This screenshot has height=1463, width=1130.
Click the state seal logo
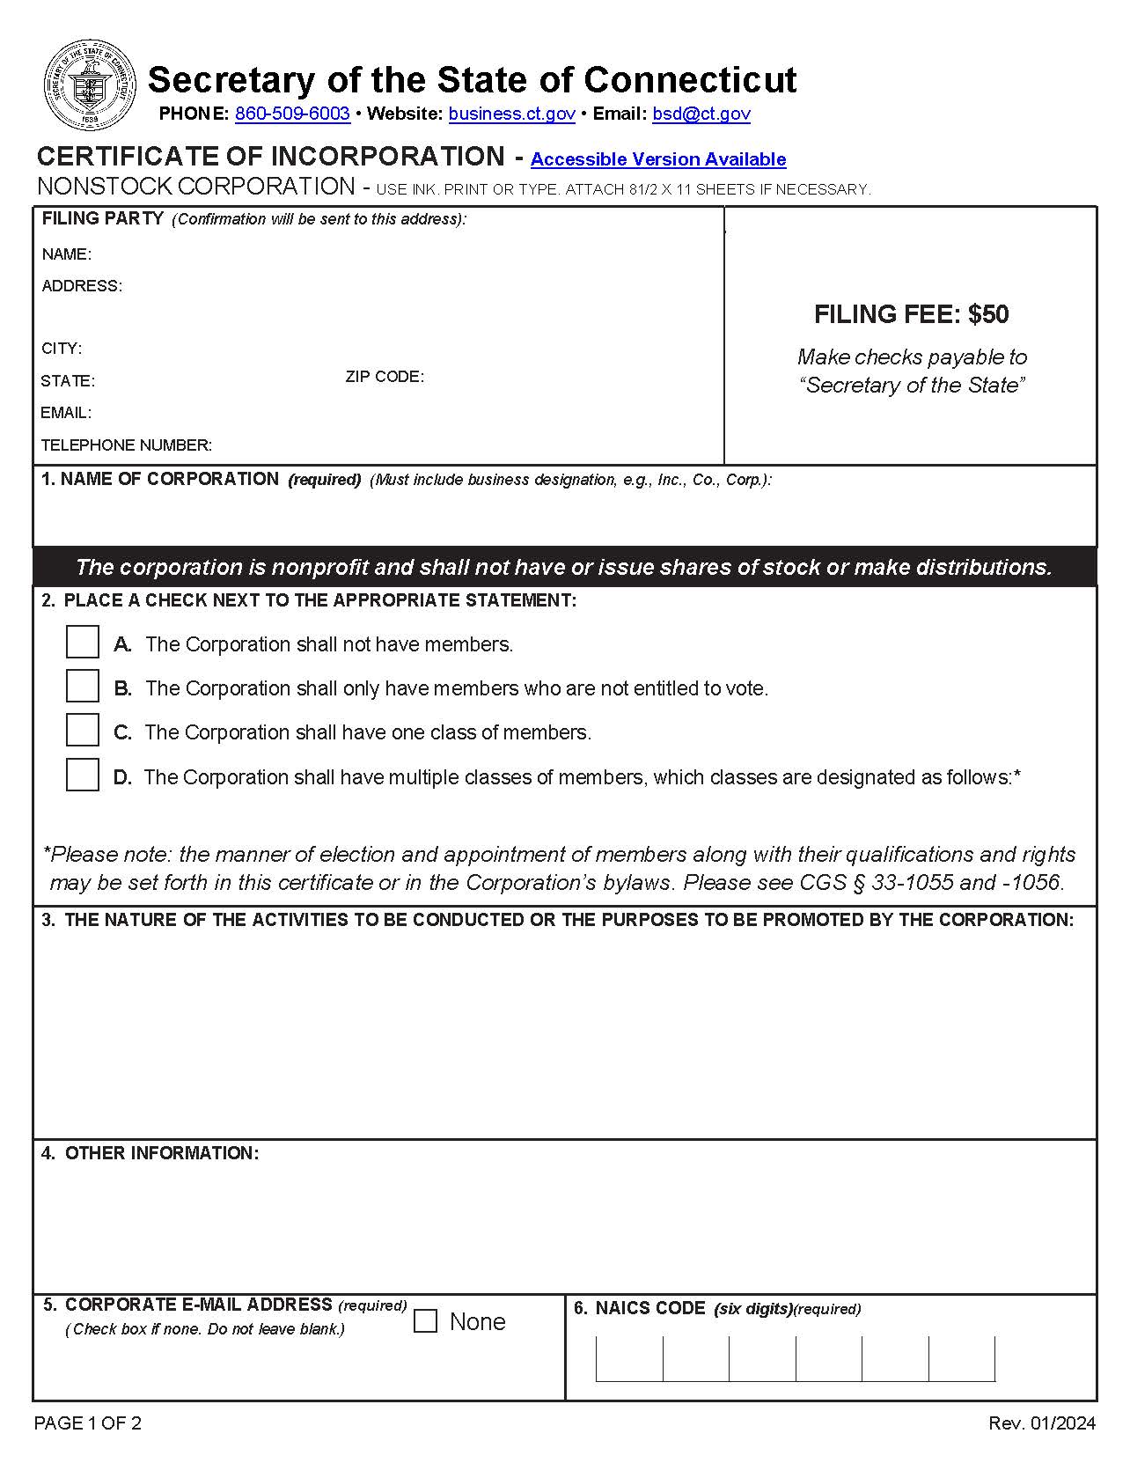[x=90, y=85]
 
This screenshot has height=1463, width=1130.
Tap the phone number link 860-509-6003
[x=292, y=114]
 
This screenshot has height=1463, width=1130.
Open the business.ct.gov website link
[x=511, y=114]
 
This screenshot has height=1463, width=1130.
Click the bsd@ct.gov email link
[x=701, y=114]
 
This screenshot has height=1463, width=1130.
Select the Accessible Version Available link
[x=657, y=159]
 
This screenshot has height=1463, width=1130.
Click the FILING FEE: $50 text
[x=911, y=314]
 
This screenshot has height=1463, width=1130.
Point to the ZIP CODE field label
[x=385, y=377]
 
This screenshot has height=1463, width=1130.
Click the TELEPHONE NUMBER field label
[x=126, y=445]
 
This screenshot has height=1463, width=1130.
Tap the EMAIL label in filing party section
[x=66, y=413]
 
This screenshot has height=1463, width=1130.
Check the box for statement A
[x=83, y=642]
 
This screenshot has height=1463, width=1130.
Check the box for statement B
[x=83, y=686]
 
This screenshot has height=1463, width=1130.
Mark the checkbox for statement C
[x=83, y=730]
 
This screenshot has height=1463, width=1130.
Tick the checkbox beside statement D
[x=83, y=775]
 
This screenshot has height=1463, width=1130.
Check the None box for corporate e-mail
[x=425, y=1321]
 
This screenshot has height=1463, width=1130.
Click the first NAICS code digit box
[x=629, y=1358]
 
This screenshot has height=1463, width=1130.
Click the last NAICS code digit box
[x=961, y=1358]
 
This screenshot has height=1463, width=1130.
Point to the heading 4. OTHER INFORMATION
[x=150, y=1153]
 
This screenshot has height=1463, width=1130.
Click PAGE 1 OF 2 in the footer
[x=87, y=1423]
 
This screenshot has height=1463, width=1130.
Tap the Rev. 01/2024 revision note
[x=1042, y=1423]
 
